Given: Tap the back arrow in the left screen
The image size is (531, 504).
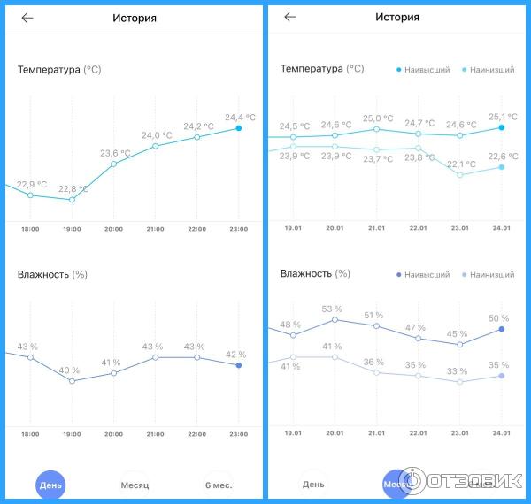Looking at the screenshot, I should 27,17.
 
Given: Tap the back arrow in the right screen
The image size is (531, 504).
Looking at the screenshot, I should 290,17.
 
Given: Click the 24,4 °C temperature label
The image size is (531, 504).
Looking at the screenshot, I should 240,117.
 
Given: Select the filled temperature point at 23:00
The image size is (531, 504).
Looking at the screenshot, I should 238,128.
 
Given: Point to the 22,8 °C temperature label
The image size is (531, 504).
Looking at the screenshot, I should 73,188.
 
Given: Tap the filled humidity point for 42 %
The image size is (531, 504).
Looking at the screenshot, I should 238,364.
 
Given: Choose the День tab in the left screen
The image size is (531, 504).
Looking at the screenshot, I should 50,485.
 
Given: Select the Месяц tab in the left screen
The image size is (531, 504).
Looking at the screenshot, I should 135,485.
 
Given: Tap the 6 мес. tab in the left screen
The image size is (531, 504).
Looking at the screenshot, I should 219,485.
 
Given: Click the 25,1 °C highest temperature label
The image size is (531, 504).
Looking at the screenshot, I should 503,117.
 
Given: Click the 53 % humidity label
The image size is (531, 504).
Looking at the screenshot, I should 332,309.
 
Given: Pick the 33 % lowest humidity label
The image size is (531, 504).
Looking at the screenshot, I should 458,370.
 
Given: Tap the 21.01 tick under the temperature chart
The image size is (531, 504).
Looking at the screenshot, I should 376,228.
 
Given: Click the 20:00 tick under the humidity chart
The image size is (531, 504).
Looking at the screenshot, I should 113,435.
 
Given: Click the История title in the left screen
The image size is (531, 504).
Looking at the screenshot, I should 135,17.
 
